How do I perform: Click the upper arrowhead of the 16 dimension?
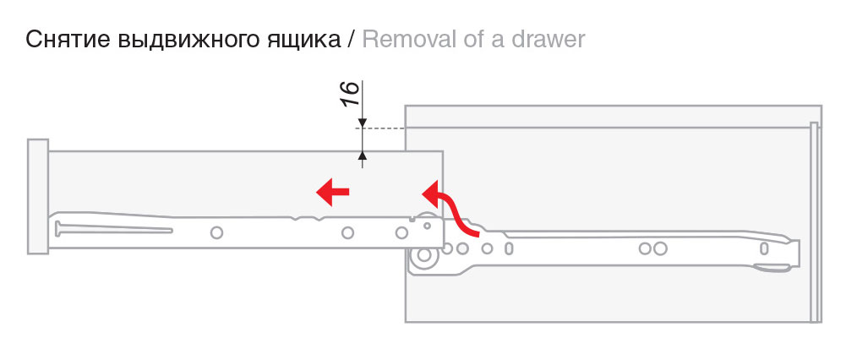point(363,123)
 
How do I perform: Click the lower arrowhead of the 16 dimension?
point(363,155)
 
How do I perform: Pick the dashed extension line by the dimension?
point(385,128)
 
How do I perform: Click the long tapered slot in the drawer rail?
point(110,228)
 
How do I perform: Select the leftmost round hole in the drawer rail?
point(216,232)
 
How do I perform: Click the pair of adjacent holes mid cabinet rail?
point(652,248)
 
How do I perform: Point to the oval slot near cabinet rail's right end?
point(764,248)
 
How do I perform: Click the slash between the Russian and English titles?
point(351,40)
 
